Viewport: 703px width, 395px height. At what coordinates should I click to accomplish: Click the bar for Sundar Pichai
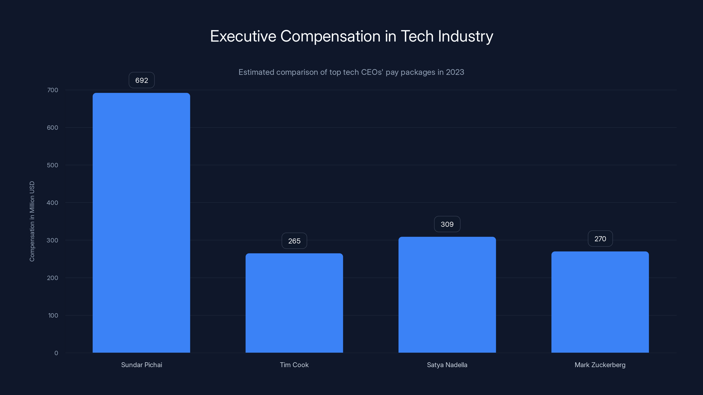(x=141, y=223)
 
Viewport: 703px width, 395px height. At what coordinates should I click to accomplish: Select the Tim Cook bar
(x=294, y=303)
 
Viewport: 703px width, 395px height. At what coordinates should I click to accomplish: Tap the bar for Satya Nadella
(x=447, y=295)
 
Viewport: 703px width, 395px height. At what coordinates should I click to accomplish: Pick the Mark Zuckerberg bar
(x=600, y=302)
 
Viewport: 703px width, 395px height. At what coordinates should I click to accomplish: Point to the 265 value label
(x=294, y=241)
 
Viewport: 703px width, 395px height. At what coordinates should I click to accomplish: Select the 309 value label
(x=447, y=224)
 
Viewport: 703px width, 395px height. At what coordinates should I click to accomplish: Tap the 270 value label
(x=600, y=239)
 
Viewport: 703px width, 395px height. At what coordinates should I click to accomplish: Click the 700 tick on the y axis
(x=53, y=90)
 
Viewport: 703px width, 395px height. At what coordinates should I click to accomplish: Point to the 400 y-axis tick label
(x=53, y=203)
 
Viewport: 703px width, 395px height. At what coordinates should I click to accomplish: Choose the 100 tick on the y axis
(x=53, y=315)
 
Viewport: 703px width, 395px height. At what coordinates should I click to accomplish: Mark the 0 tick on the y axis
(x=56, y=353)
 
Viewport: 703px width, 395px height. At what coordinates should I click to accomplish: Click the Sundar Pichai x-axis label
(x=141, y=365)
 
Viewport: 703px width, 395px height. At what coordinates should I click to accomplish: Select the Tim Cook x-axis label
(x=294, y=365)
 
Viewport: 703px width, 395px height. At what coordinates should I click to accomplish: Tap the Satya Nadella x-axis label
(x=447, y=365)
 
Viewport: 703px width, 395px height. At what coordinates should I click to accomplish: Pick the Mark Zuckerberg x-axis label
(x=600, y=365)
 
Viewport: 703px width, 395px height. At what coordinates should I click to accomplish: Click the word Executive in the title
(x=243, y=36)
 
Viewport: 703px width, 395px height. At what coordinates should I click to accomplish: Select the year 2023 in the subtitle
(x=455, y=72)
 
